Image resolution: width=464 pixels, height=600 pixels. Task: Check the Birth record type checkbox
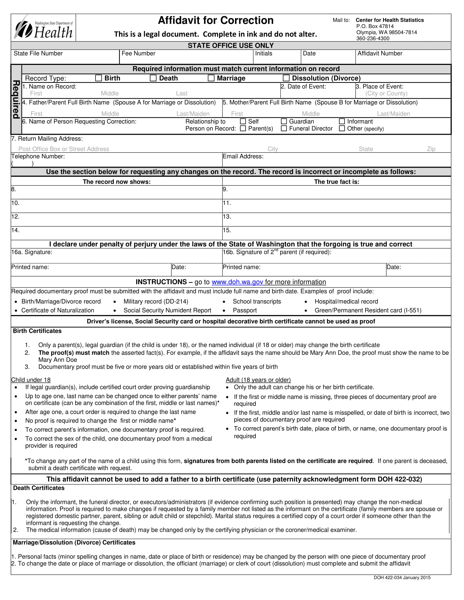tap(99, 78)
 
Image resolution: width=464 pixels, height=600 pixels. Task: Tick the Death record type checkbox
tap(153, 78)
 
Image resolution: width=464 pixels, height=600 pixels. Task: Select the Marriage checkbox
tap(211, 78)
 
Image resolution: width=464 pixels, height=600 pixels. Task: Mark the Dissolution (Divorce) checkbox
tap(286, 78)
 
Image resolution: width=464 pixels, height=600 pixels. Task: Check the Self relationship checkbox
tap(243, 121)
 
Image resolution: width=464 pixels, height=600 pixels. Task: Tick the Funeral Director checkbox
tap(284, 128)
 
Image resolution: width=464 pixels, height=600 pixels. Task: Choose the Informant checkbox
tap(342, 121)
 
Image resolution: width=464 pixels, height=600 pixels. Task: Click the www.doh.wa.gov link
tap(237, 282)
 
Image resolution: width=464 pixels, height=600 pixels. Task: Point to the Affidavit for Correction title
tap(216, 21)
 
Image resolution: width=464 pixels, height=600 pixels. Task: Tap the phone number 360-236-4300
tap(373, 38)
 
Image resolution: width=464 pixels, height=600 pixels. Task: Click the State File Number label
tap(38, 53)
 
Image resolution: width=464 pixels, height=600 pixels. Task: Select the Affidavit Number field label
tap(380, 53)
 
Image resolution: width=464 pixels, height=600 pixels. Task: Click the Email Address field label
tap(243, 157)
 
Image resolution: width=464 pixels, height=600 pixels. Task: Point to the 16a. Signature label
tap(32, 252)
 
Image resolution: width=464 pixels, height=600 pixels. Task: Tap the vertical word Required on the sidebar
tap(16, 100)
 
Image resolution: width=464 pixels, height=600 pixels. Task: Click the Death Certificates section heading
tap(39, 488)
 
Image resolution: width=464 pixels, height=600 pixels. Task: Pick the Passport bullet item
tap(245, 310)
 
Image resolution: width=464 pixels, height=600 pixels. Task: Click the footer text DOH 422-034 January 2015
tap(402, 577)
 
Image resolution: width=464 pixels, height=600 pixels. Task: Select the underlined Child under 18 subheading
tap(31, 380)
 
